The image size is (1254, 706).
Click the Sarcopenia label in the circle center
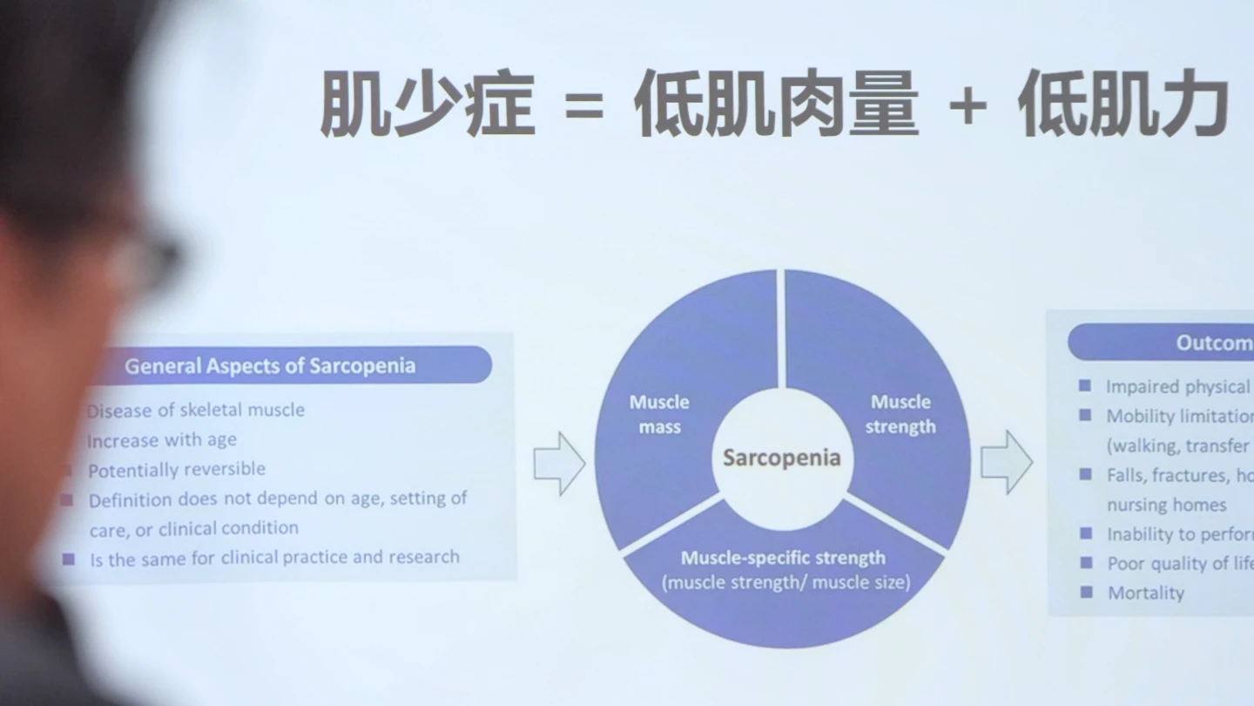pyautogui.click(x=781, y=458)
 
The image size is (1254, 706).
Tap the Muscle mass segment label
pyautogui.click(x=659, y=414)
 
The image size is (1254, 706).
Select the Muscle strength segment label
pyautogui.click(x=900, y=414)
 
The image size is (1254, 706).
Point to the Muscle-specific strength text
pyautogui.click(x=783, y=558)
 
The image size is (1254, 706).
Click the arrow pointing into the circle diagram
pyautogui.click(x=559, y=464)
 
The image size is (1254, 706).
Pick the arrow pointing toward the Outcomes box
pyautogui.click(x=1006, y=462)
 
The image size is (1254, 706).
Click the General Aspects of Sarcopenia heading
pyautogui.click(x=270, y=365)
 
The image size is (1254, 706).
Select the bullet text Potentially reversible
pyautogui.click(x=176, y=470)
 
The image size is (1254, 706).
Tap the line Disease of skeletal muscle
pyautogui.click(x=196, y=410)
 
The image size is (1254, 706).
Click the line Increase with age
pyautogui.click(x=162, y=440)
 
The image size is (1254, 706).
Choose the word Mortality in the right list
pyautogui.click(x=1145, y=593)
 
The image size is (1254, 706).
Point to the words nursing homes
pyautogui.click(x=1166, y=505)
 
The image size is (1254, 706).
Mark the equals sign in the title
pyautogui.click(x=583, y=107)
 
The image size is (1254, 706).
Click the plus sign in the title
pyautogui.click(x=967, y=107)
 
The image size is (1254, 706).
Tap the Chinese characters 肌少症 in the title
pyautogui.click(x=427, y=105)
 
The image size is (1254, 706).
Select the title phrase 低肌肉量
pyautogui.click(x=775, y=105)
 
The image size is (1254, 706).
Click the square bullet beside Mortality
pyautogui.click(x=1086, y=592)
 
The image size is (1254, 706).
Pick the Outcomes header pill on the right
pyautogui.click(x=1162, y=343)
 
